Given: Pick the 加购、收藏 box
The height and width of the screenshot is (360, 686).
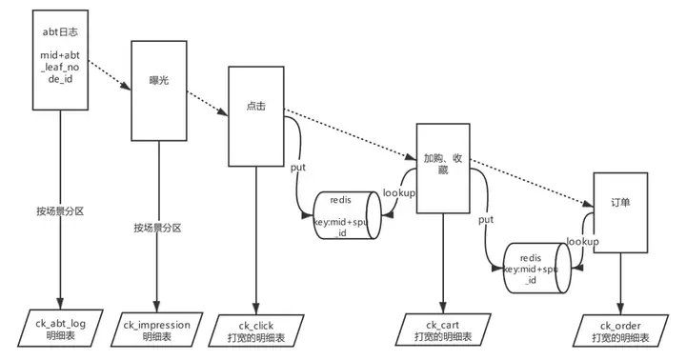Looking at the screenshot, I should point(444,168).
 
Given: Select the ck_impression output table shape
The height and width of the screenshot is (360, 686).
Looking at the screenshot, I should point(157,330).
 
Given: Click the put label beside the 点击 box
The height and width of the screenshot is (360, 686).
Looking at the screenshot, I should point(297,168).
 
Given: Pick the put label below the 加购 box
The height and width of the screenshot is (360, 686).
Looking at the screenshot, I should point(485,220).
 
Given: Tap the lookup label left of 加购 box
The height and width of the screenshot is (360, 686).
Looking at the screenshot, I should point(398,192).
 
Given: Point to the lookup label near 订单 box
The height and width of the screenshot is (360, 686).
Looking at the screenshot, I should point(582,242).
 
